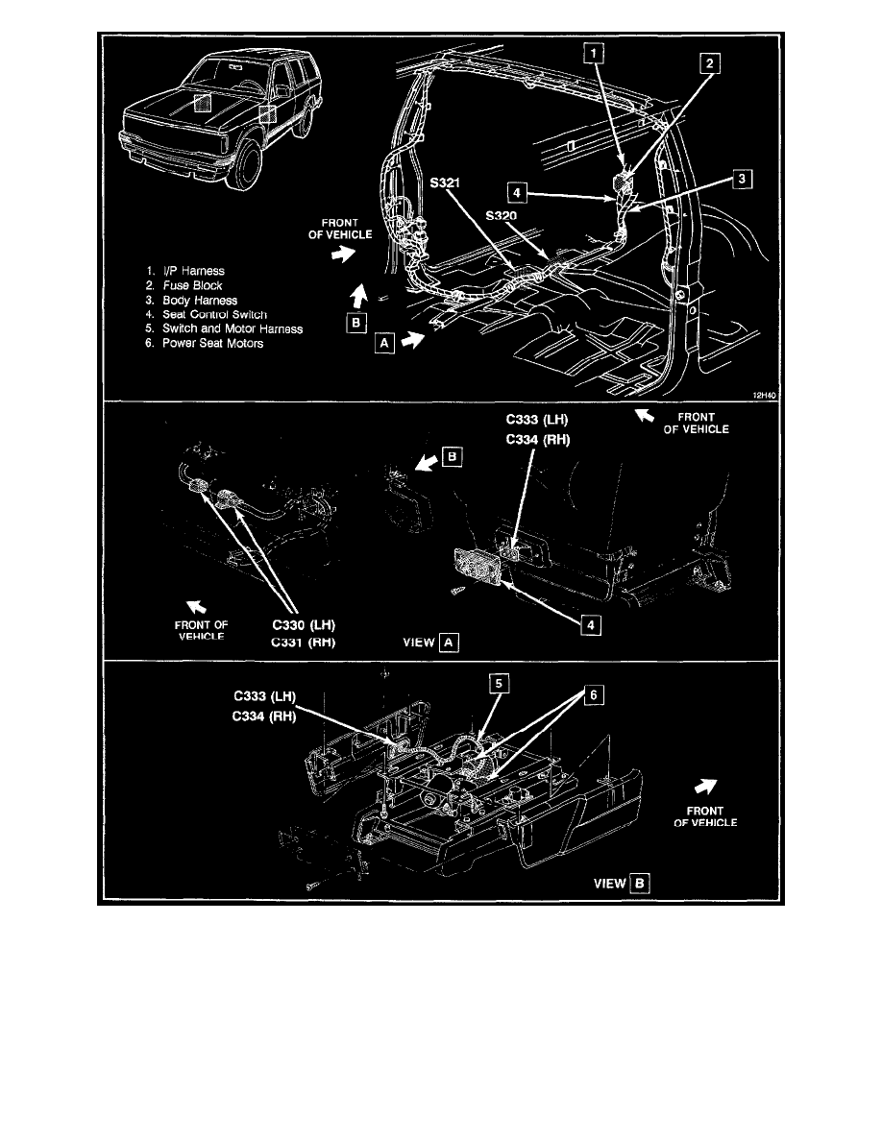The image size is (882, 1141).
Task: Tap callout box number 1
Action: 598,54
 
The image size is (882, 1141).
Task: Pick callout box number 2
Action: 710,64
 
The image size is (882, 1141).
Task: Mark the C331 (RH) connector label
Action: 302,643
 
